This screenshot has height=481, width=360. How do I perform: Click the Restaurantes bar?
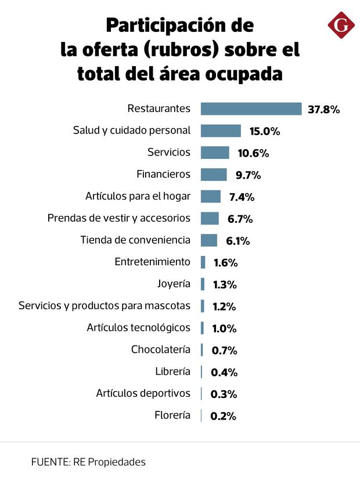251,109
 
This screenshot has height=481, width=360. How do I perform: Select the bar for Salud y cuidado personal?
221,131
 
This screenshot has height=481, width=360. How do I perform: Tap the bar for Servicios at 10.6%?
215,153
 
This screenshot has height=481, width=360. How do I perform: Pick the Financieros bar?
214,175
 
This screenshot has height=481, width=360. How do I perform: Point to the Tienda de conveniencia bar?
209,240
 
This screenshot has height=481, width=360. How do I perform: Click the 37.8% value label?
323,109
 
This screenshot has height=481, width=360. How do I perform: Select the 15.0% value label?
265,131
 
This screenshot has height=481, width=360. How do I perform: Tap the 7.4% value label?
242,197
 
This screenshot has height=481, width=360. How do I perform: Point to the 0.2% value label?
224,415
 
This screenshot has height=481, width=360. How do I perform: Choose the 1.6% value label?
225,262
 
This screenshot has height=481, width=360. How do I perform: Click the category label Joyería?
174,284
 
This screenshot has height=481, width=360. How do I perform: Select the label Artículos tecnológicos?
139,328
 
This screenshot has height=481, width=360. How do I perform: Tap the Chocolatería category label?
161,349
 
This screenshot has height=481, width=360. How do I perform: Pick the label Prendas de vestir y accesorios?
119,218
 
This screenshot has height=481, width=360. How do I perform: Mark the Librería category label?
172,371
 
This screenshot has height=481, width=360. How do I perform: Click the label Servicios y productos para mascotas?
105,306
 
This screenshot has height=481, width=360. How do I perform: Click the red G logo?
341,27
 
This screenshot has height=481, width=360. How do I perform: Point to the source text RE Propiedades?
109,462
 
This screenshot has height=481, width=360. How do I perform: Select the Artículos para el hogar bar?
211,196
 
